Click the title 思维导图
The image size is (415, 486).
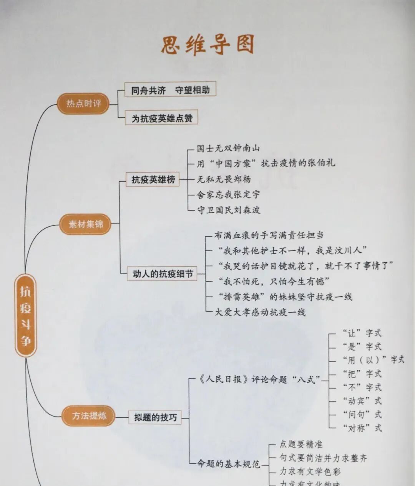(207, 45)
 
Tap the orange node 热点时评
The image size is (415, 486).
(83, 104)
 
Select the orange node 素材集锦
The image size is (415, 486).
(86, 224)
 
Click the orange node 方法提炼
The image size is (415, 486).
(89, 416)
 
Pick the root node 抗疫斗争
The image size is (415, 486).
(25, 316)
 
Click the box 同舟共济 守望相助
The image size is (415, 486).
(170, 90)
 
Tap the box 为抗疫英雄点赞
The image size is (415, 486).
(162, 118)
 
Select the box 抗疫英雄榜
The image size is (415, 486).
(153, 179)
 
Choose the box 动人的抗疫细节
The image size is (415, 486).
(163, 274)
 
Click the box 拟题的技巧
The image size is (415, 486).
(155, 417)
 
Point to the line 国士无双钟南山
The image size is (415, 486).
(228, 148)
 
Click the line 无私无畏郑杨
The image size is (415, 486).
(224, 179)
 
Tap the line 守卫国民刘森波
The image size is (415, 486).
(228, 210)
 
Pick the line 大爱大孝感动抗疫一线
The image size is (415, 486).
(260, 312)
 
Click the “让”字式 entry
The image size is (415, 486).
(362, 333)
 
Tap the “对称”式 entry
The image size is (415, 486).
(362, 428)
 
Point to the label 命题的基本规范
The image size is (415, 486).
(228, 464)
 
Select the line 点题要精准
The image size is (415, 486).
(300, 444)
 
